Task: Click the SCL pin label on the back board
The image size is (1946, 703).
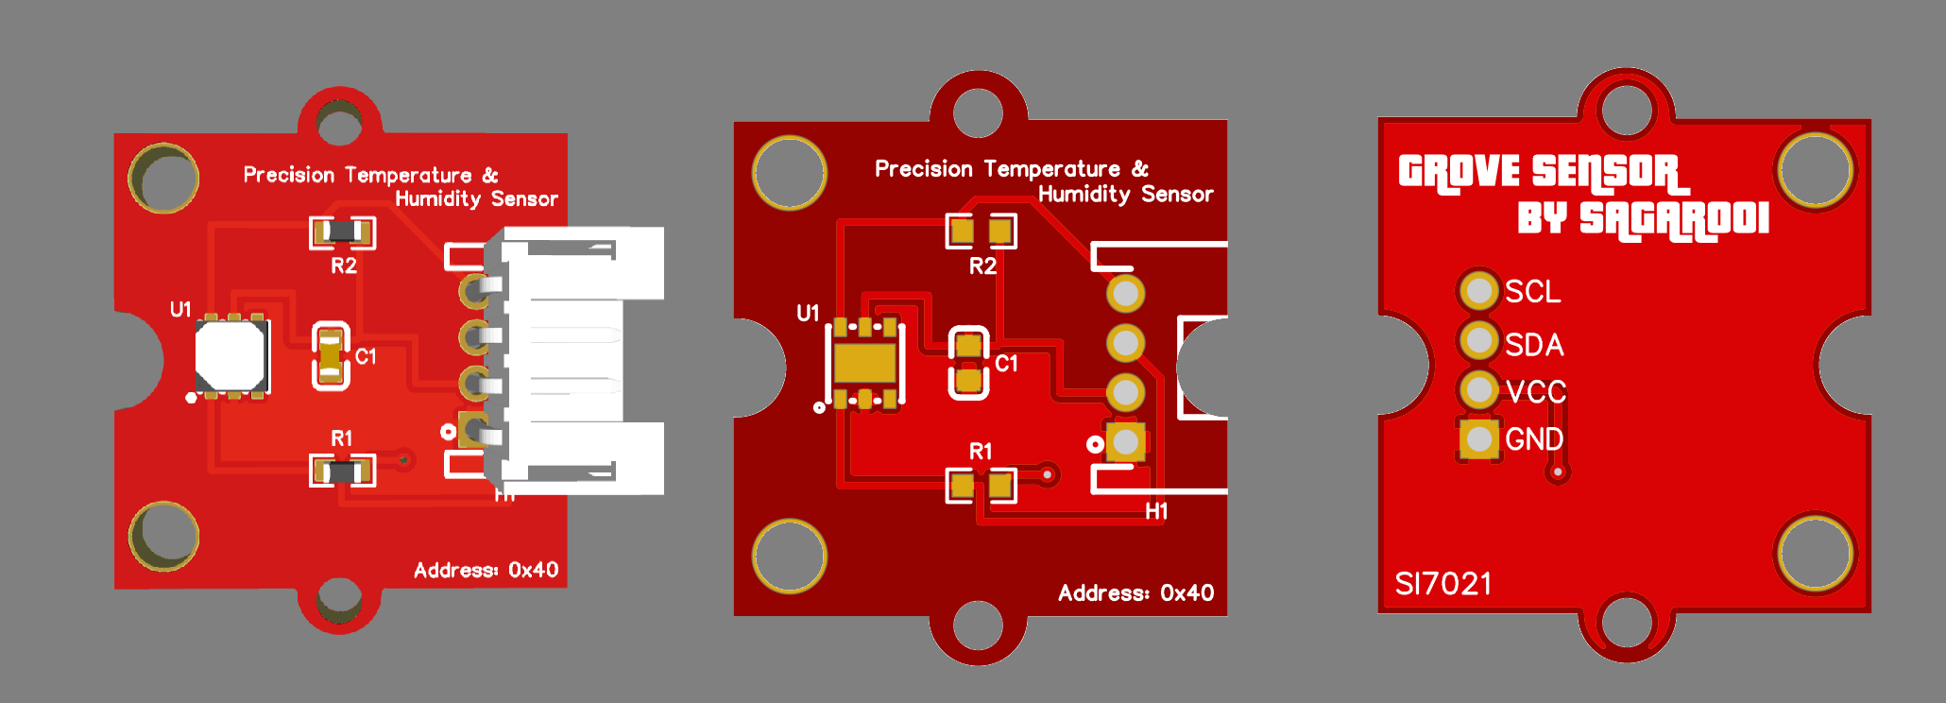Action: (1532, 291)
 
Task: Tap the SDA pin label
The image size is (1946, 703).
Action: (1534, 345)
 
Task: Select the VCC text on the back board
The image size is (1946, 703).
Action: (1536, 391)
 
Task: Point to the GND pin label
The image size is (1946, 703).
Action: (1534, 439)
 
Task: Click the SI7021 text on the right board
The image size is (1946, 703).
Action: (1443, 584)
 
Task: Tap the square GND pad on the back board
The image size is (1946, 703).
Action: (1479, 439)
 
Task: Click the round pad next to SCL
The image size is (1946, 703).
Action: (1479, 290)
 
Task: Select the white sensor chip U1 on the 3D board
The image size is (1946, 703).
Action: (230, 357)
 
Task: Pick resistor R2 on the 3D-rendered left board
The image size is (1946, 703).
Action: (342, 231)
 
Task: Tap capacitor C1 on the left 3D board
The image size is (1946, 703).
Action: (330, 356)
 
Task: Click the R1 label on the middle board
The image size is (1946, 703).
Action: (981, 452)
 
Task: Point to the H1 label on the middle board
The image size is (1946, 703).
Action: (1156, 511)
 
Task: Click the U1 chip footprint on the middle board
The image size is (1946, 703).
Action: (864, 363)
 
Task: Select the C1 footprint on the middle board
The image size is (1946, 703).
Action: (968, 363)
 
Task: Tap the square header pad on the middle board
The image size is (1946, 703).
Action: (1126, 441)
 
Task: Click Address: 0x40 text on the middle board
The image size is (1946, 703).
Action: (1135, 593)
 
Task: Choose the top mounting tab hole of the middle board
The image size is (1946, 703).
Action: (978, 111)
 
